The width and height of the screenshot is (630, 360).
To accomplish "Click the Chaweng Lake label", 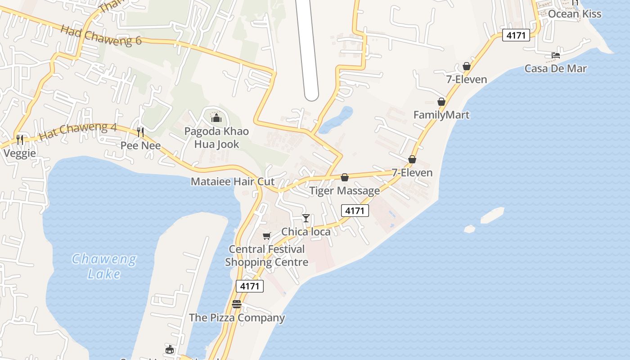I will click(x=104, y=266).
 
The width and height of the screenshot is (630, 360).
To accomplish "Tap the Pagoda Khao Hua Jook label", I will click(x=216, y=138).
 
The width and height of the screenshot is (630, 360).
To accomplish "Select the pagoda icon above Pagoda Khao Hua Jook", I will click(x=216, y=118).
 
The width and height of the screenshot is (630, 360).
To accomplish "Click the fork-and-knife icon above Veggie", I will click(x=20, y=139).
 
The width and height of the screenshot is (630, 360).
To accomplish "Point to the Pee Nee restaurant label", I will click(x=141, y=146).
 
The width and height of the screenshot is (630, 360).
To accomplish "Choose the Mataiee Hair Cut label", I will click(x=233, y=182).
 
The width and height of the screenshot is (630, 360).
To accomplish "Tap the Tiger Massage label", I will click(x=345, y=191).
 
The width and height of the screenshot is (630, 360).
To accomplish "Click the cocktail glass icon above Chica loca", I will click(x=306, y=218).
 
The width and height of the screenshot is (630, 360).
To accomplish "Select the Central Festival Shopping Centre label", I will click(x=267, y=256).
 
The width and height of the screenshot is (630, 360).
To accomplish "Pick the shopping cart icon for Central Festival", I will click(x=267, y=236).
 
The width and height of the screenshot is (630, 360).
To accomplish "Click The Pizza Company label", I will click(x=237, y=318).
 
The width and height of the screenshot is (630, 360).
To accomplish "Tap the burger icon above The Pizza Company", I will click(x=237, y=304).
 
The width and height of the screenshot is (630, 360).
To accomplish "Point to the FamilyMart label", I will click(x=441, y=115).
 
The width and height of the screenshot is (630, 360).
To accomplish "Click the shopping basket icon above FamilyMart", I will click(x=441, y=102).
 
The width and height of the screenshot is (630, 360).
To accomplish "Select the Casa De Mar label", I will click(x=556, y=69).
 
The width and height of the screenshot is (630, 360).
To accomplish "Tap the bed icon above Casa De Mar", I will click(x=556, y=55).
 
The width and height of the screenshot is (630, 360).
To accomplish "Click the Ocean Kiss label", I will click(x=575, y=14).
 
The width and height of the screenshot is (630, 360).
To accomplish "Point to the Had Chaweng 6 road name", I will click(x=101, y=35).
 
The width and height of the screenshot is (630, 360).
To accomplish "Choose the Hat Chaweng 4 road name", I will click(x=77, y=130).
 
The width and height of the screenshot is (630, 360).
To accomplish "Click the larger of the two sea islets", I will click(x=492, y=215).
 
